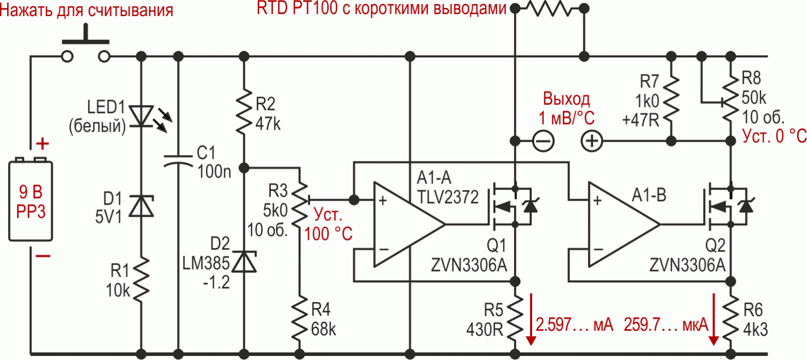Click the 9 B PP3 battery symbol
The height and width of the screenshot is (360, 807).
(31, 201)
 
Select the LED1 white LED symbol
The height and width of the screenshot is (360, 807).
(142, 115)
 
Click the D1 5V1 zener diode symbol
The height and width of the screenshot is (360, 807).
(142, 206)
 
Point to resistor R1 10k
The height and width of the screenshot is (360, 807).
(142, 280)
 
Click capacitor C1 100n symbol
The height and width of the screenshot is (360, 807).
(178, 160)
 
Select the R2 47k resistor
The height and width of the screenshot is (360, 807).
(244, 112)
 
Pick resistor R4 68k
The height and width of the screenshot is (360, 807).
(300, 319)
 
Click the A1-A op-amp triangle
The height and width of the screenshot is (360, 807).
(406, 224)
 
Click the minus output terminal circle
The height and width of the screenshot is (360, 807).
(543, 141)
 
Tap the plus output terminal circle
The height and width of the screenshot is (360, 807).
(592, 141)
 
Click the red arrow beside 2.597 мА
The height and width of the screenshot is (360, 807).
(531, 319)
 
